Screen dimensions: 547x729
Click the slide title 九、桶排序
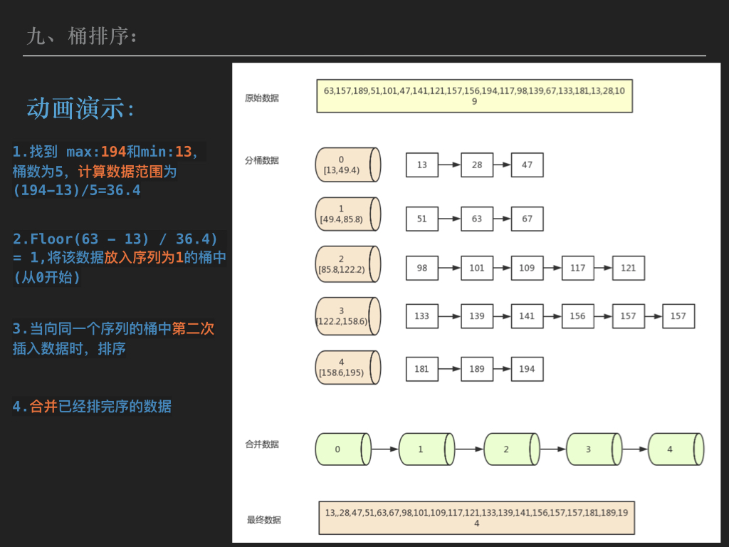pos(81,36)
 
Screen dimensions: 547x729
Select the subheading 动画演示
pos(80,108)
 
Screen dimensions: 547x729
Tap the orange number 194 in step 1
pos(113,152)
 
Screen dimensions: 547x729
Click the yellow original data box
pos(474,96)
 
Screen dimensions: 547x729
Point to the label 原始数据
pos(262,98)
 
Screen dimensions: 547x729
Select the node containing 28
pos(477,165)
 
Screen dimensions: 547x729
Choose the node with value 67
pos(527,219)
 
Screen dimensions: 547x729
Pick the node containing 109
pos(527,268)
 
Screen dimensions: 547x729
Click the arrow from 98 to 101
pos(449,268)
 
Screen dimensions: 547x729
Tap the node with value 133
pos(422,316)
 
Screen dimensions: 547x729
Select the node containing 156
pos(577,316)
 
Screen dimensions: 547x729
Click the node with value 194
pos(527,369)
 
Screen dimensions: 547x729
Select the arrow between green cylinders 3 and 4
pos(634,449)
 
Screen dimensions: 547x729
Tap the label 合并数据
pos(262,444)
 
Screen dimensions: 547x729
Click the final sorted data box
pos(476,518)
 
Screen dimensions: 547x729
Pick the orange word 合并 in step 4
pos(43,407)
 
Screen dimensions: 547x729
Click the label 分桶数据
pos(262,160)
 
